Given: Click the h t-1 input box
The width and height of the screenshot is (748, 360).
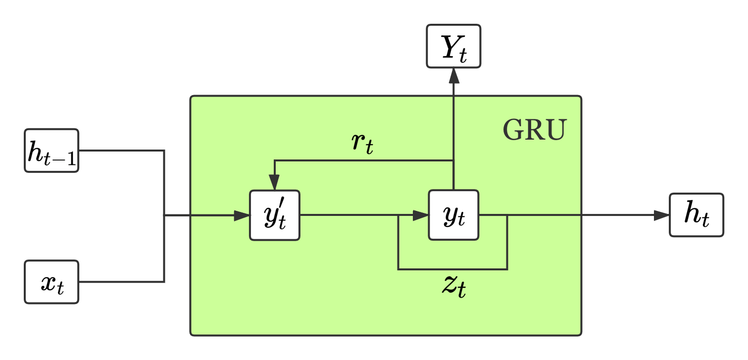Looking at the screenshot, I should coord(51,151).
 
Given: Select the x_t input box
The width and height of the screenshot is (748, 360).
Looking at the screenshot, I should coord(51,282).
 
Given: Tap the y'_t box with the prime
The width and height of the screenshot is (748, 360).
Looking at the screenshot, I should coord(274,215).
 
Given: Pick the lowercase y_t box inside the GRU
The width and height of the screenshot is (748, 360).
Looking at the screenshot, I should coord(453,215).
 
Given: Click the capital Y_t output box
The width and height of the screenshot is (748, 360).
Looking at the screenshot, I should coord(453,46).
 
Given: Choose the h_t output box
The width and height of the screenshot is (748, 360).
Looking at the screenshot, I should coord(697,215).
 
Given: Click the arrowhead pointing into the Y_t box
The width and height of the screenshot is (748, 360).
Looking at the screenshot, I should coord(453,75).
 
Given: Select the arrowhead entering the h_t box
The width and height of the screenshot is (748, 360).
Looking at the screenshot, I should coord(661,215).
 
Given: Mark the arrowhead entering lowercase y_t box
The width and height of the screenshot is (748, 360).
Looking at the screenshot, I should coord(420,215).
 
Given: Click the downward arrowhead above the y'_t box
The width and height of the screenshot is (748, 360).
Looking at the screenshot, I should coord(274,182).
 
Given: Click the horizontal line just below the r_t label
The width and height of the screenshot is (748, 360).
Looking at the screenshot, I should coord(364,160).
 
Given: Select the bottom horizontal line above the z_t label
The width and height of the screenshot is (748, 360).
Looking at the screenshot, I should coord(452,269).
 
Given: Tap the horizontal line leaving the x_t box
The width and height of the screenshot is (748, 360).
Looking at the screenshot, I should coord(121,282).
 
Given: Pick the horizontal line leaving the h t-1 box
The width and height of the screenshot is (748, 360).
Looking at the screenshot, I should coord(121,151).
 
